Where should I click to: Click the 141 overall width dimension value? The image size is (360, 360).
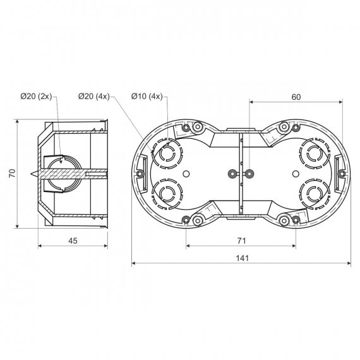pyautogui.click(x=243, y=258)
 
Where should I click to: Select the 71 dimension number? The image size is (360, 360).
pyautogui.click(x=241, y=241)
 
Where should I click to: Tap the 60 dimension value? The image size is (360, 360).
pyautogui.click(x=296, y=97)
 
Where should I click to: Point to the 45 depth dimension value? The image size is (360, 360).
pyautogui.click(x=73, y=241)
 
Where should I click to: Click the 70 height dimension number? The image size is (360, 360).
pyautogui.click(x=12, y=173)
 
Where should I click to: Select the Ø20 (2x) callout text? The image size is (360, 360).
pyautogui.click(x=36, y=96)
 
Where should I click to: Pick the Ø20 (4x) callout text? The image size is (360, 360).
pyautogui.click(x=94, y=96)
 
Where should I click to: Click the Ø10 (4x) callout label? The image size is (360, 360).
pyautogui.click(x=147, y=96)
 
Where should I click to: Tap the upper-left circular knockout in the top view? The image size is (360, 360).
pyautogui.click(x=167, y=154)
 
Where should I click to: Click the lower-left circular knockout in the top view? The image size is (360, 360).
pyautogui.click(x=167, y=194)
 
